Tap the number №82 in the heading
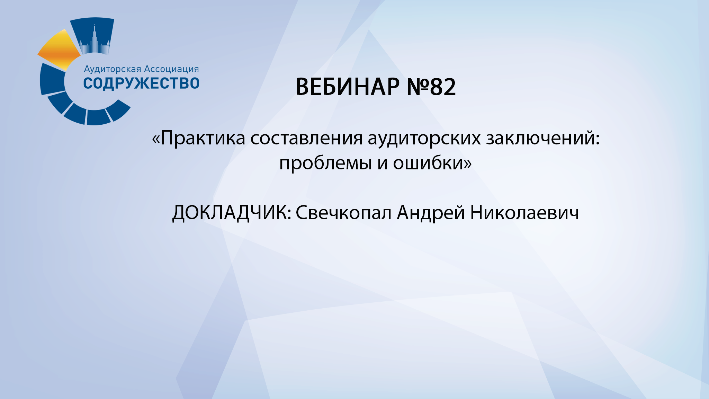tap(431, 87)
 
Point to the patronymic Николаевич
tap(524, 213)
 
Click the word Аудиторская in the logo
tap(113, 69)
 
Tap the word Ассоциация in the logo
tap(171, 69)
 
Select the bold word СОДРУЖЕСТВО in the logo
tap(141, 83)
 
